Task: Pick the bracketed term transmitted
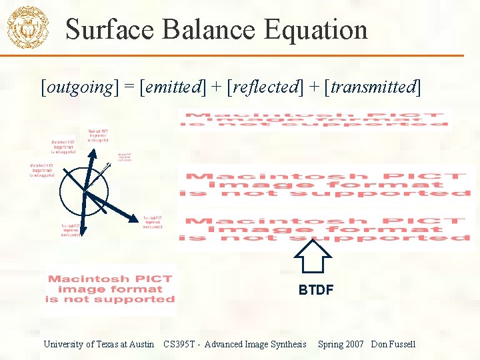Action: pyautogui.click(x=372, y=87)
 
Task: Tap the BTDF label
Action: pyautogui.click(x=315, y=290)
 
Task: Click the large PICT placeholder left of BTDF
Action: pyautogui.click(x=110, y=289)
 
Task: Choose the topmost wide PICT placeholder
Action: pyautogui.click(x=313, y=119)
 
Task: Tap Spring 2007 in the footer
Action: pyautogui.click(x=340, y=344)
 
